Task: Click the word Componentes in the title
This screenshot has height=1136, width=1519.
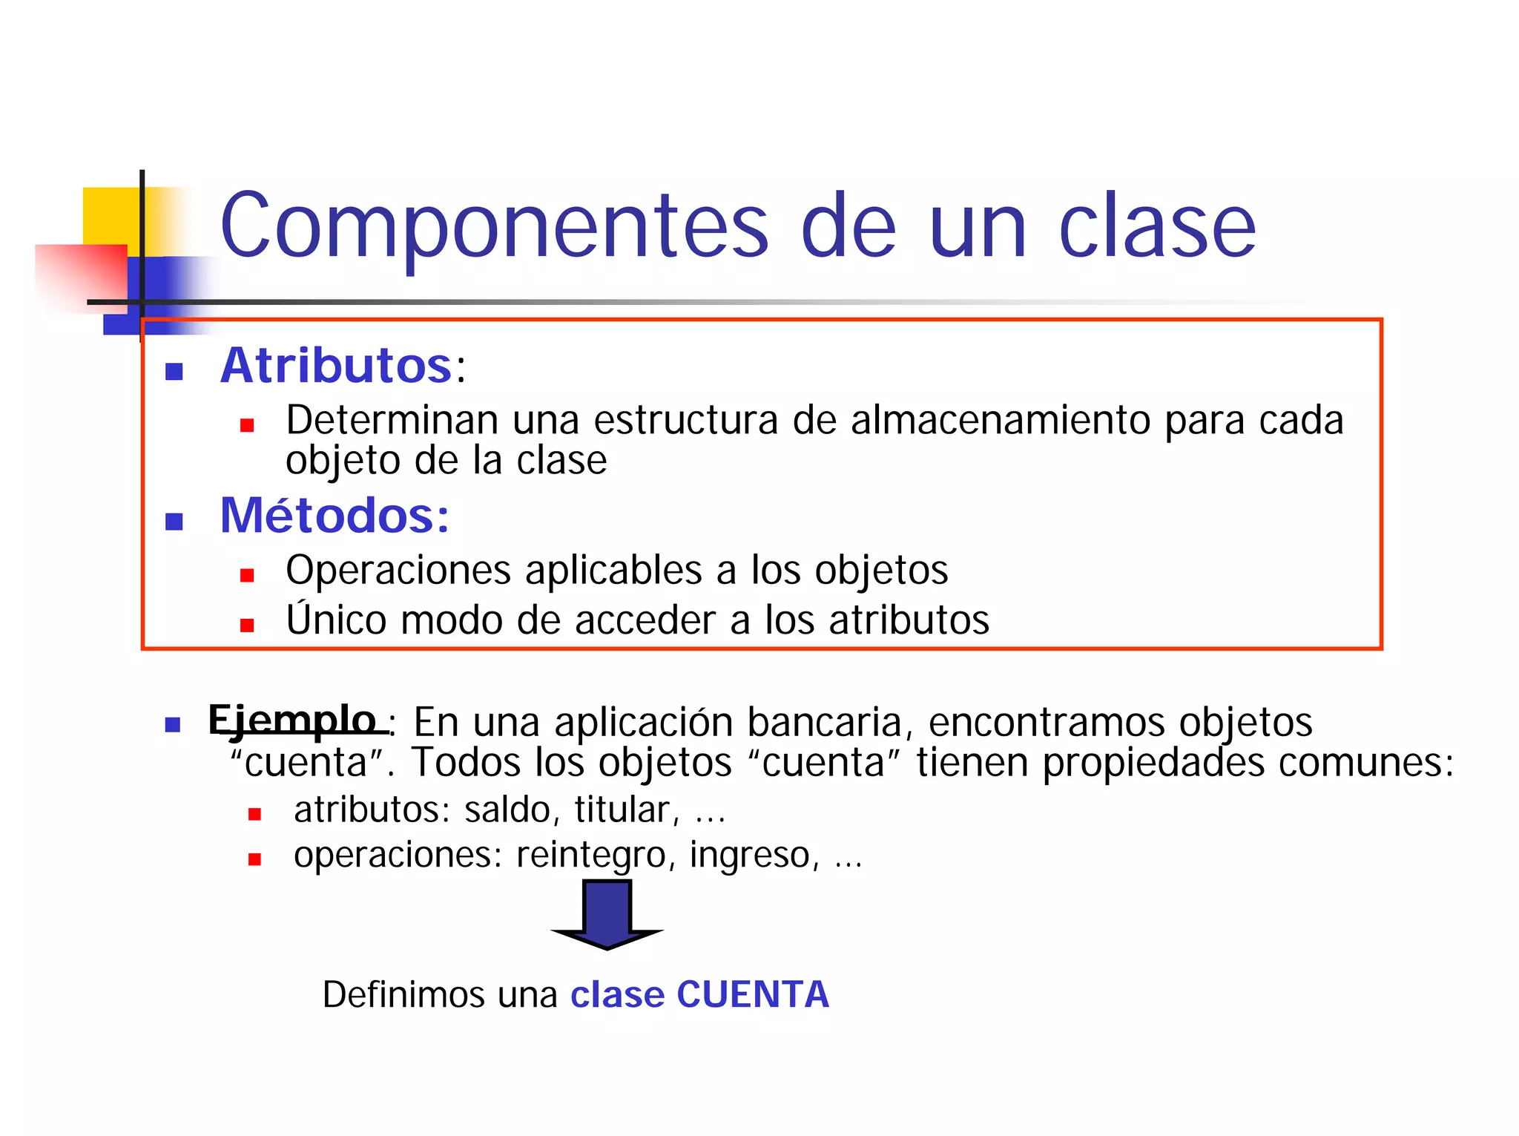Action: (x=494, y=226)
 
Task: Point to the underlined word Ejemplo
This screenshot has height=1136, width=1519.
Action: (x=292, y=720)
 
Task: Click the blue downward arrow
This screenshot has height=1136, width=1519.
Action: (x=607, y=914)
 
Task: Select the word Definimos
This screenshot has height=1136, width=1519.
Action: (x=403, y=994)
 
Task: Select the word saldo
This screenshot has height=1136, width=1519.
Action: (x=507, y=810)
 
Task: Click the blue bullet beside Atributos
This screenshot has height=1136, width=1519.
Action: (x=174, y=371)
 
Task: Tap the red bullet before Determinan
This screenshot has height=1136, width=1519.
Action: (x=247, y=425)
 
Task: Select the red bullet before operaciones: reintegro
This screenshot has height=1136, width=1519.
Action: (x=254, y=860)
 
